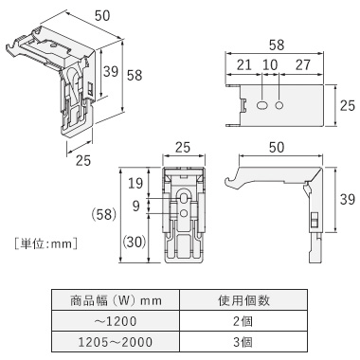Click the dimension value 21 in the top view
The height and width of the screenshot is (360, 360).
[244, 64]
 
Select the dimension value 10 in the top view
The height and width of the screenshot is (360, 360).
[270, 64]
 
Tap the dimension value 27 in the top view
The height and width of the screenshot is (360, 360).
[303, 64]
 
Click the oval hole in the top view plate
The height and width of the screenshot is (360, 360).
[261, 105]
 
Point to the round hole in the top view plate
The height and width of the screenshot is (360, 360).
[279, 105]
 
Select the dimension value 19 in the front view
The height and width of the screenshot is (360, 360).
[135, 183]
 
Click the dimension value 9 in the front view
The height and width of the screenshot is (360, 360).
[136, 207]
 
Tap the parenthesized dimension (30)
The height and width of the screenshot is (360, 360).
[135, 243]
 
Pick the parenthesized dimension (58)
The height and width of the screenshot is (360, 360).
[104, 215]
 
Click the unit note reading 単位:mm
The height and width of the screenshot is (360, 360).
[45, 243]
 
